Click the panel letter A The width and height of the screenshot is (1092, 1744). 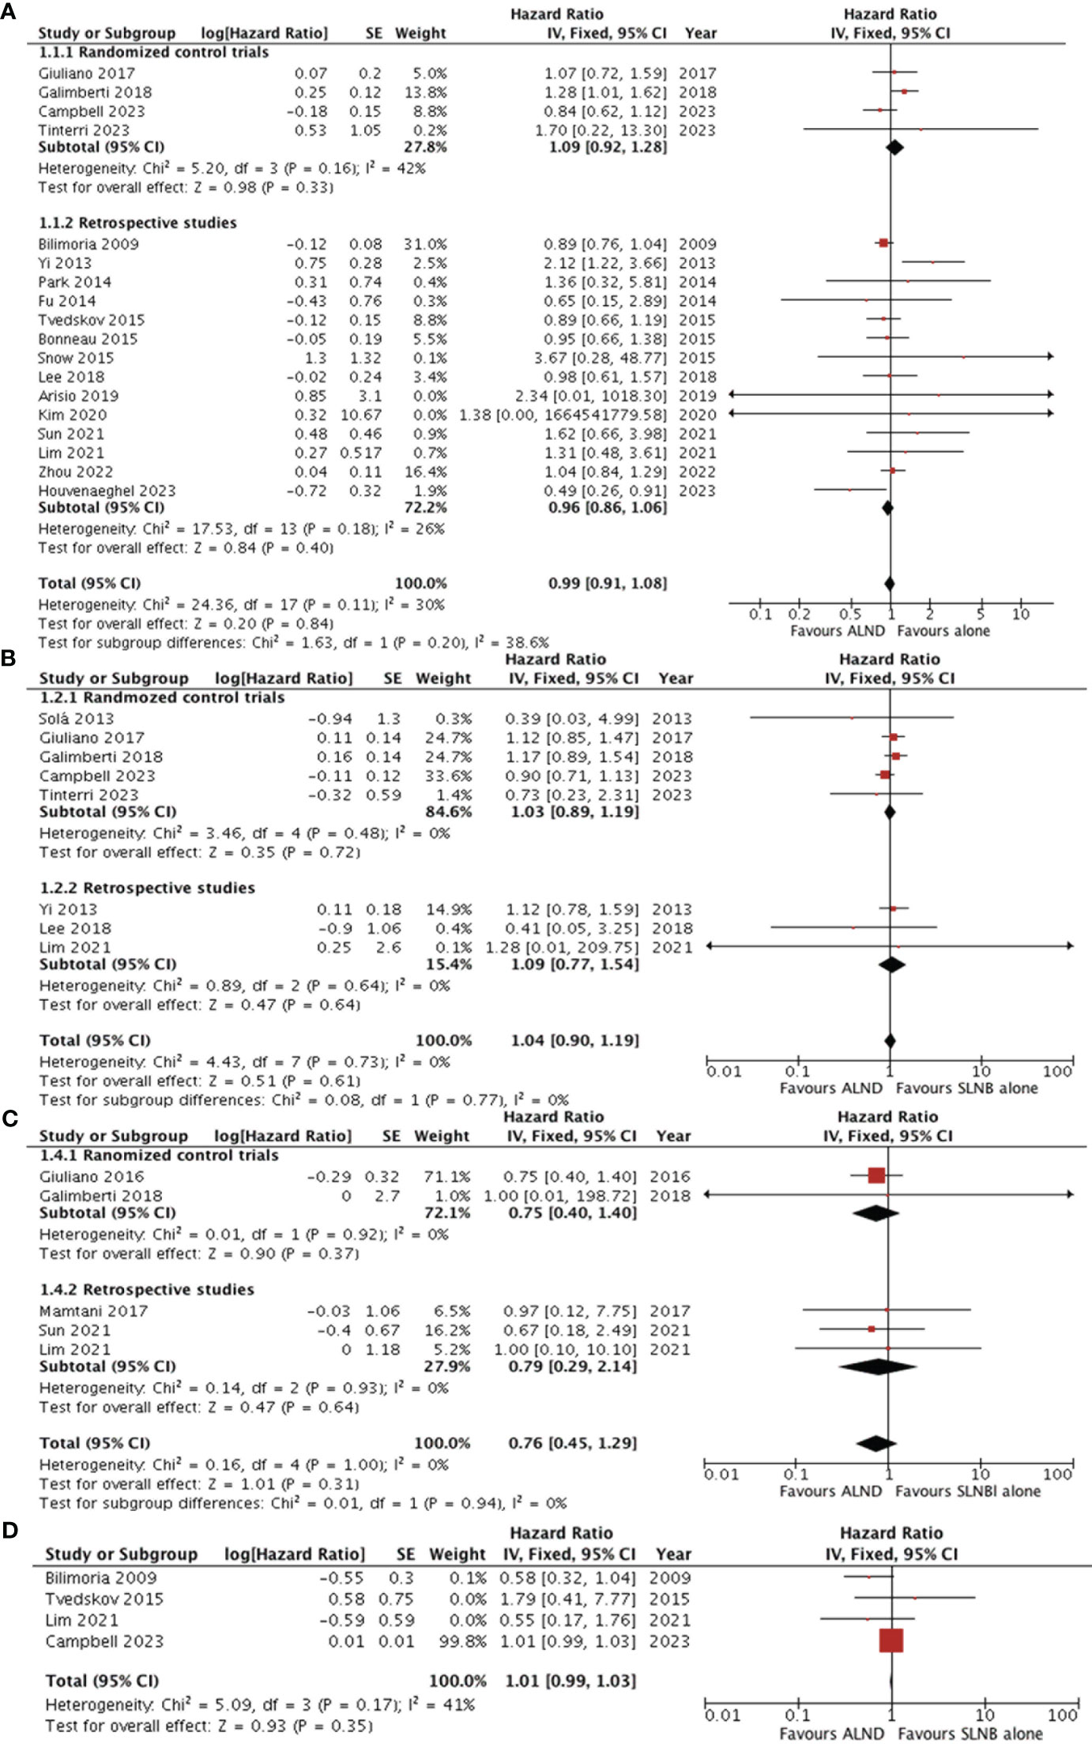[x=8, y=13]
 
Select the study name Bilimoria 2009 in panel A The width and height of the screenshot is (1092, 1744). [x=88, y=244]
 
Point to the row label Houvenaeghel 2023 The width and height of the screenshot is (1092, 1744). [x=107, y=490]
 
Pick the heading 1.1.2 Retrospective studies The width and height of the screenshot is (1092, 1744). [x=137, y=223]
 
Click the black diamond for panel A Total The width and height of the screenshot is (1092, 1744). [x=890, y=584]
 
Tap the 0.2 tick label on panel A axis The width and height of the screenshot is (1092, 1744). [x=799, y=614]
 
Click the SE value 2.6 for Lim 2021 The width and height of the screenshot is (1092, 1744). [x=390, y=947]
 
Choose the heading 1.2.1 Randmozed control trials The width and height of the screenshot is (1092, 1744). [x=161, y=697]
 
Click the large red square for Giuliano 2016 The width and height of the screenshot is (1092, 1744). [x=876, y=1175]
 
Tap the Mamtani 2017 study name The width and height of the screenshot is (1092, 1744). [x=93, y=1311]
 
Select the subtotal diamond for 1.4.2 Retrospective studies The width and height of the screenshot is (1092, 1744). [x=876, y=1366]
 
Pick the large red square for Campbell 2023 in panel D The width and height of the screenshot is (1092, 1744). [x=891, y=1641]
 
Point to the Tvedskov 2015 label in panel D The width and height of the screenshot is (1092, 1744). [x=104, y=1599]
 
